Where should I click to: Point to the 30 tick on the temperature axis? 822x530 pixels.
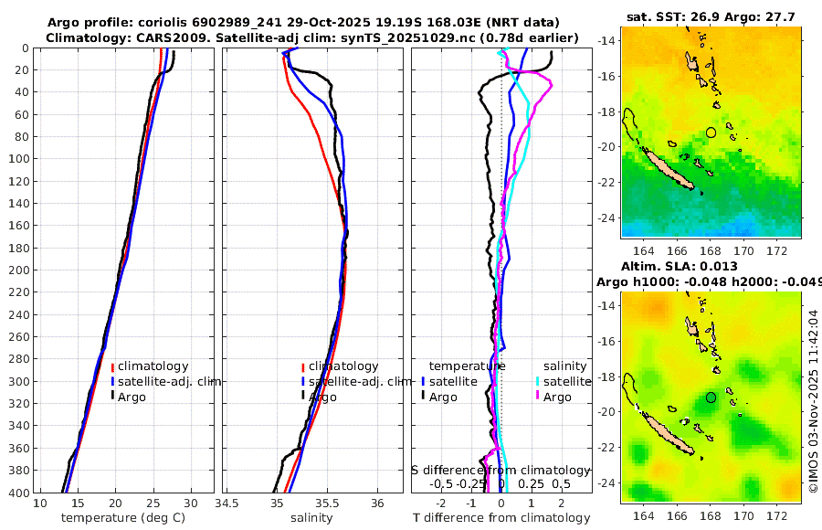tap(190, 503)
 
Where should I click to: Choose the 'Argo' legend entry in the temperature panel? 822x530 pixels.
tap(132, 397)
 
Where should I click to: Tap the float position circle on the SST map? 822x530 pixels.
tap(711, 132)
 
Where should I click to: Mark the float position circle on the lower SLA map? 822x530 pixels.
tap(711, 397)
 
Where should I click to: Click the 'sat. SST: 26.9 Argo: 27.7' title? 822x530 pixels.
tap(711, 16)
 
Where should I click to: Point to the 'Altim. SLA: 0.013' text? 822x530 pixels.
tap(711, 266)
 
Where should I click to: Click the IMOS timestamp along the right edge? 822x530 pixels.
tap(814, 400)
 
